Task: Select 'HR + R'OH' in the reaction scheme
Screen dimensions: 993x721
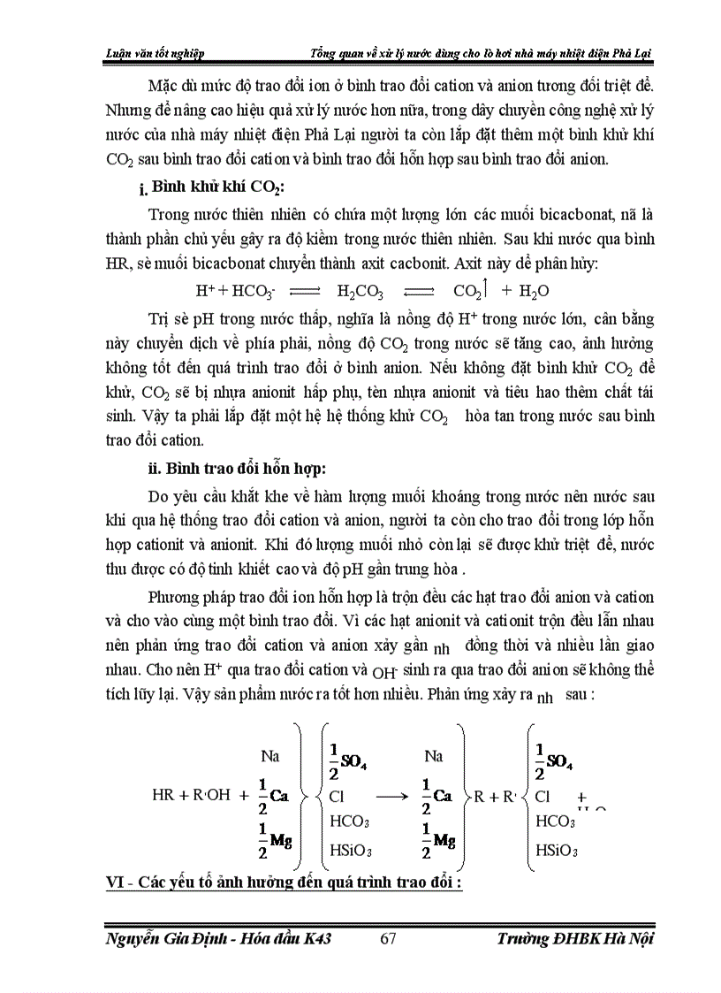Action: coord(191,794)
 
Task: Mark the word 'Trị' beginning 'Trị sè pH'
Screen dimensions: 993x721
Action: coord(161,317)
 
